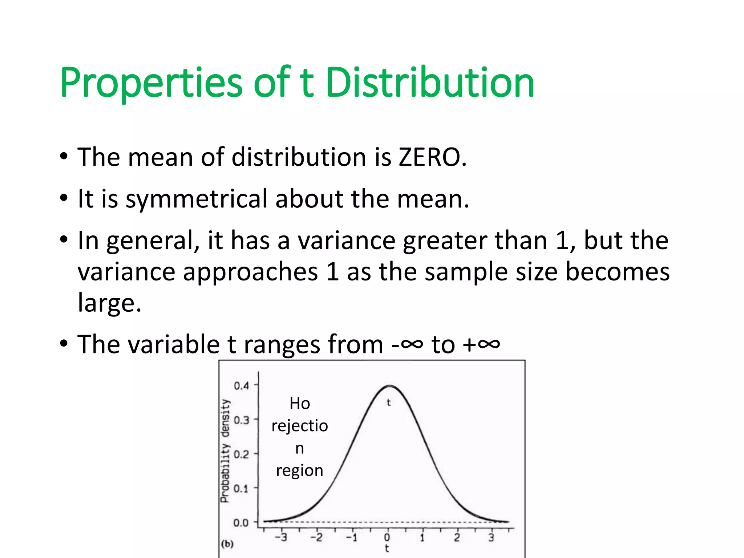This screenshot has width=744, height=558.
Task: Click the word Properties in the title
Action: (x=151, y=84)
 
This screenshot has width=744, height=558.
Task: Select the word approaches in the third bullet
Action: (x=250, y=272)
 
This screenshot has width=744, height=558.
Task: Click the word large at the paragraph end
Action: (x=109, y=303)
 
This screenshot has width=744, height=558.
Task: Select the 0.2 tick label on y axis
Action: (x=241, y=454)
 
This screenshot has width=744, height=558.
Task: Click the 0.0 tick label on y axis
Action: (x=241, y=523)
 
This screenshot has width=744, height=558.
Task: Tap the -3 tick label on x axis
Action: (x=280, y=538)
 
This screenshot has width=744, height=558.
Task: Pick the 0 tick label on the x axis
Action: (x=387, y=538)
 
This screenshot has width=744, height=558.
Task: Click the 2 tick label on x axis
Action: (x=457, y=538)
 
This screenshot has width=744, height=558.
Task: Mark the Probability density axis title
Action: (x=225, y=450)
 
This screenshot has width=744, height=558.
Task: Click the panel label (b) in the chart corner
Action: (x=227, y=544)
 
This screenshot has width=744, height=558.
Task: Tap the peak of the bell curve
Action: (x=389, y=386)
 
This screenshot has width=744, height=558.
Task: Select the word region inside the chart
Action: (x=299, y=471)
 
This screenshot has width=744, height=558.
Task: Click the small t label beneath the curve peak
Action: (x=389, y=403)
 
